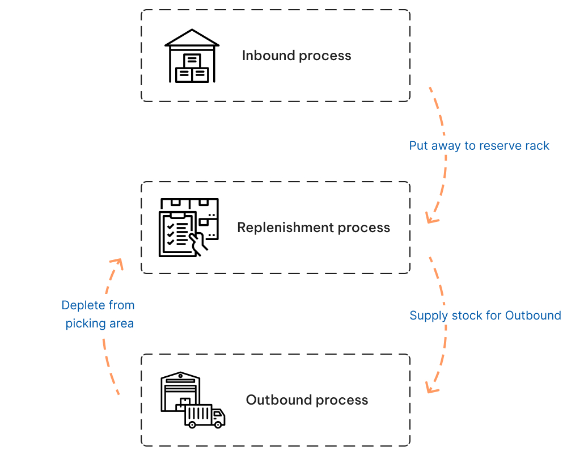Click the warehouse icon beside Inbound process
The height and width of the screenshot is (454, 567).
coord(192,56)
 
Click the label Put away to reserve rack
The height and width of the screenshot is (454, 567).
coord(479,146)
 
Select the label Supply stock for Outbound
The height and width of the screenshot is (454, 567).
coord(485,316)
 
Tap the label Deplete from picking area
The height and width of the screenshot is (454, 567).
coord(99,314)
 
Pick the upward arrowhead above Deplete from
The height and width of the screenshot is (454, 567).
coord(117,262)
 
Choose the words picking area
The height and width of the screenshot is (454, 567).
coord(100,323)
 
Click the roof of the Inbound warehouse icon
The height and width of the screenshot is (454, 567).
coord(192,37)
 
